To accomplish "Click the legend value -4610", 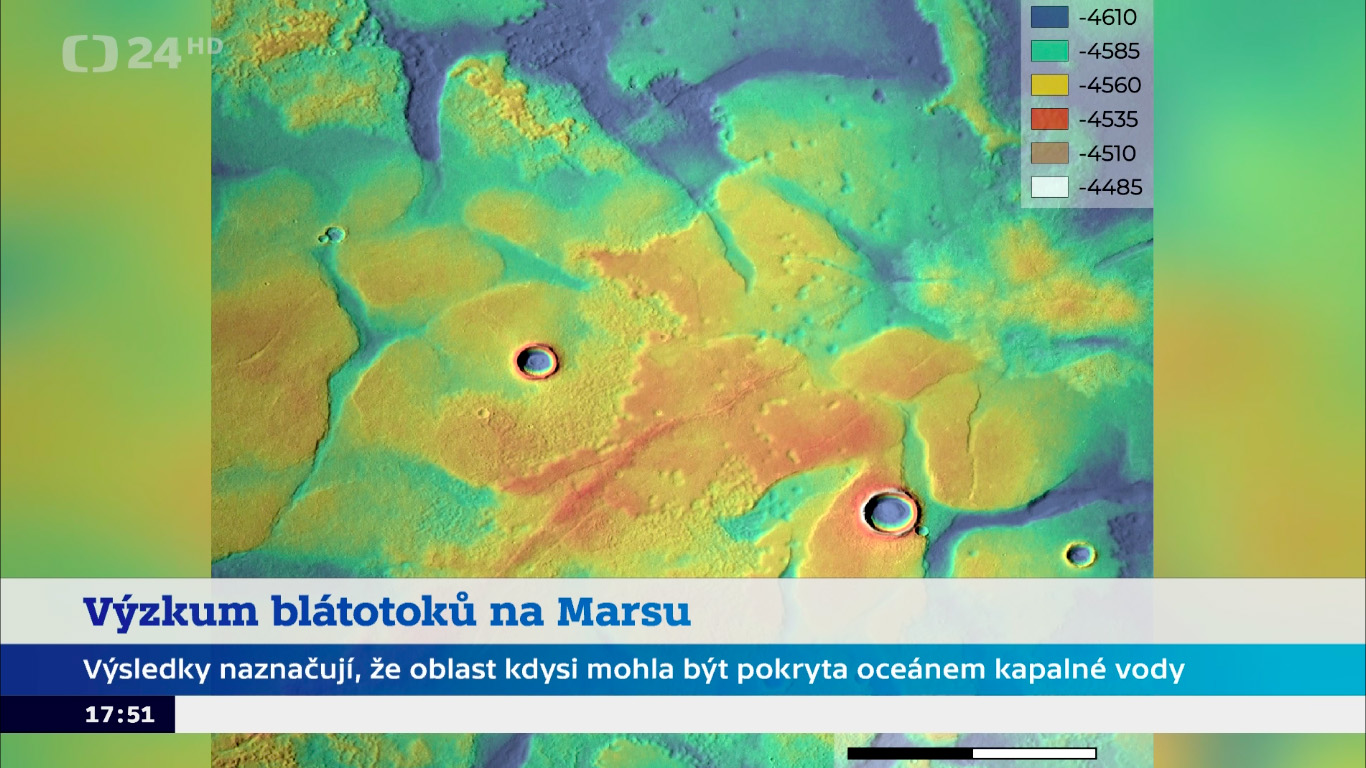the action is [1107, 17].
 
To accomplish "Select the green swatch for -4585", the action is [1050, 51].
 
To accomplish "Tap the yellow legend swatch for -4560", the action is [1050, 85].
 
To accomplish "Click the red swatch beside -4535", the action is [1050, 119].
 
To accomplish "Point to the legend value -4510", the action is [1107, 153].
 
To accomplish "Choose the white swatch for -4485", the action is [1050, 187].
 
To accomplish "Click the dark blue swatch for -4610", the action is [1050, 17].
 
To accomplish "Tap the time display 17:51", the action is [120, 714].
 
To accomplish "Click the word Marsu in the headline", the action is [623, 611].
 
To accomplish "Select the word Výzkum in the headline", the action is [171, 611].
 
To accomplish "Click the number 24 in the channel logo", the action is [154, 54].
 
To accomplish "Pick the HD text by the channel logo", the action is [204, 46].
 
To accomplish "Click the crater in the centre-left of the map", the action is [537, 361].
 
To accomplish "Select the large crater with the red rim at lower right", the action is [890, 512].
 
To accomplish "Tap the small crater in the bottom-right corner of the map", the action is [1081, 554].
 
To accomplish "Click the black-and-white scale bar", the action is [972, 754].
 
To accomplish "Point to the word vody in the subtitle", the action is [1150, 670].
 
